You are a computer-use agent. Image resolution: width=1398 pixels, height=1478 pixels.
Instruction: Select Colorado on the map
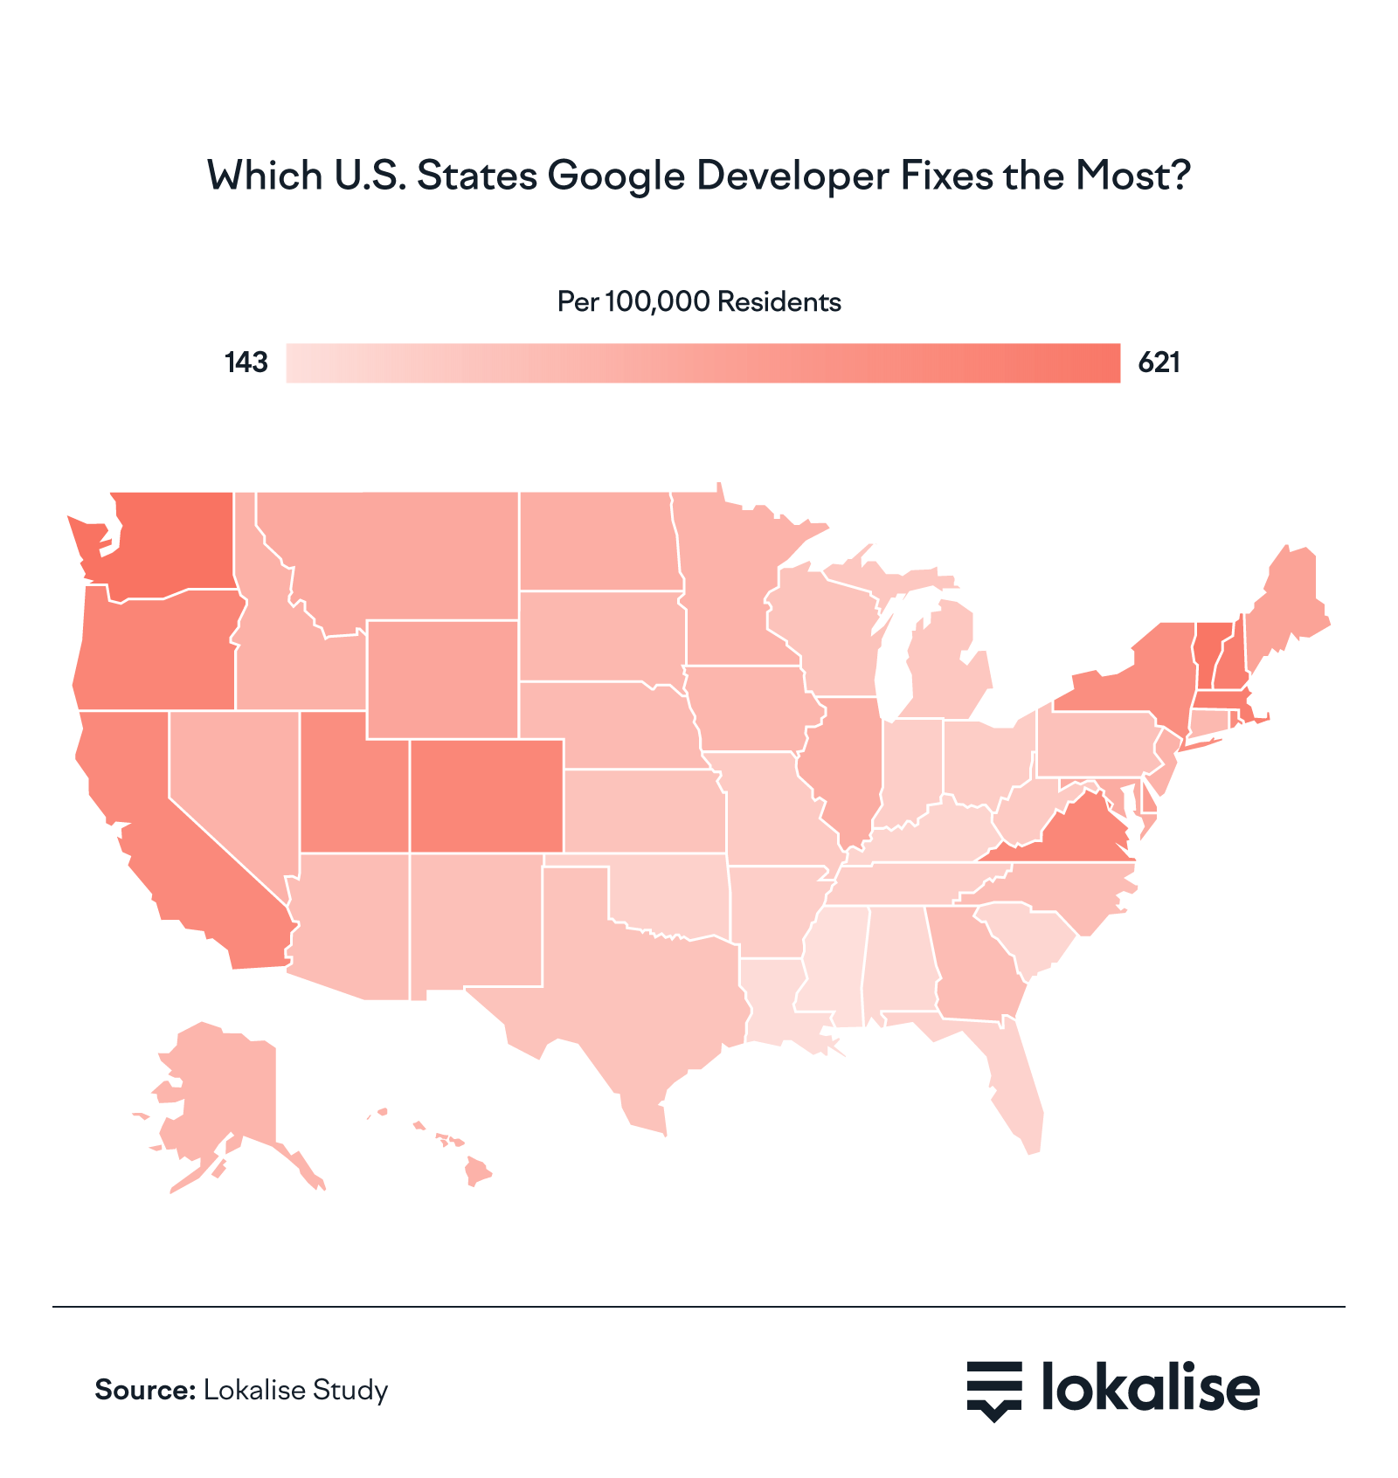[x=486, y=795]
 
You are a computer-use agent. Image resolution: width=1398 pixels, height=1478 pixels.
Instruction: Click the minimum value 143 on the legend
[x=246, y=363]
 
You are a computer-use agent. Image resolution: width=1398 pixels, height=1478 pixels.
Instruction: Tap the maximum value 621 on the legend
[x=1159, y=363]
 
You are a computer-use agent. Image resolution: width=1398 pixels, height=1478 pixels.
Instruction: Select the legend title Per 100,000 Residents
[x=699, y=302]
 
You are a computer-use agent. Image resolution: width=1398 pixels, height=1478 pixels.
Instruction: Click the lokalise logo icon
[x=993, y=1390]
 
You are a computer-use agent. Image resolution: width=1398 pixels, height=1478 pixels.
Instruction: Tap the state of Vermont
[x=1207, y=655]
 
